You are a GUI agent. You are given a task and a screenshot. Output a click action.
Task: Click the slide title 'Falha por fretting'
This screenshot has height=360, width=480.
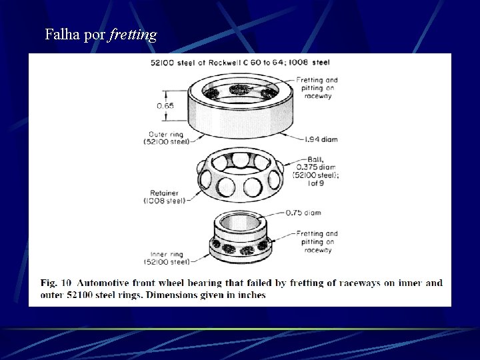tap(101, 34)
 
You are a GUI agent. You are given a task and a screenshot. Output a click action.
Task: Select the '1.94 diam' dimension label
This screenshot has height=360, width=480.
tap(321, 139)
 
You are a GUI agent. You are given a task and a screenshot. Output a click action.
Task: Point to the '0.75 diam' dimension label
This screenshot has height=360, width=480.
tap(303, 213)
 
